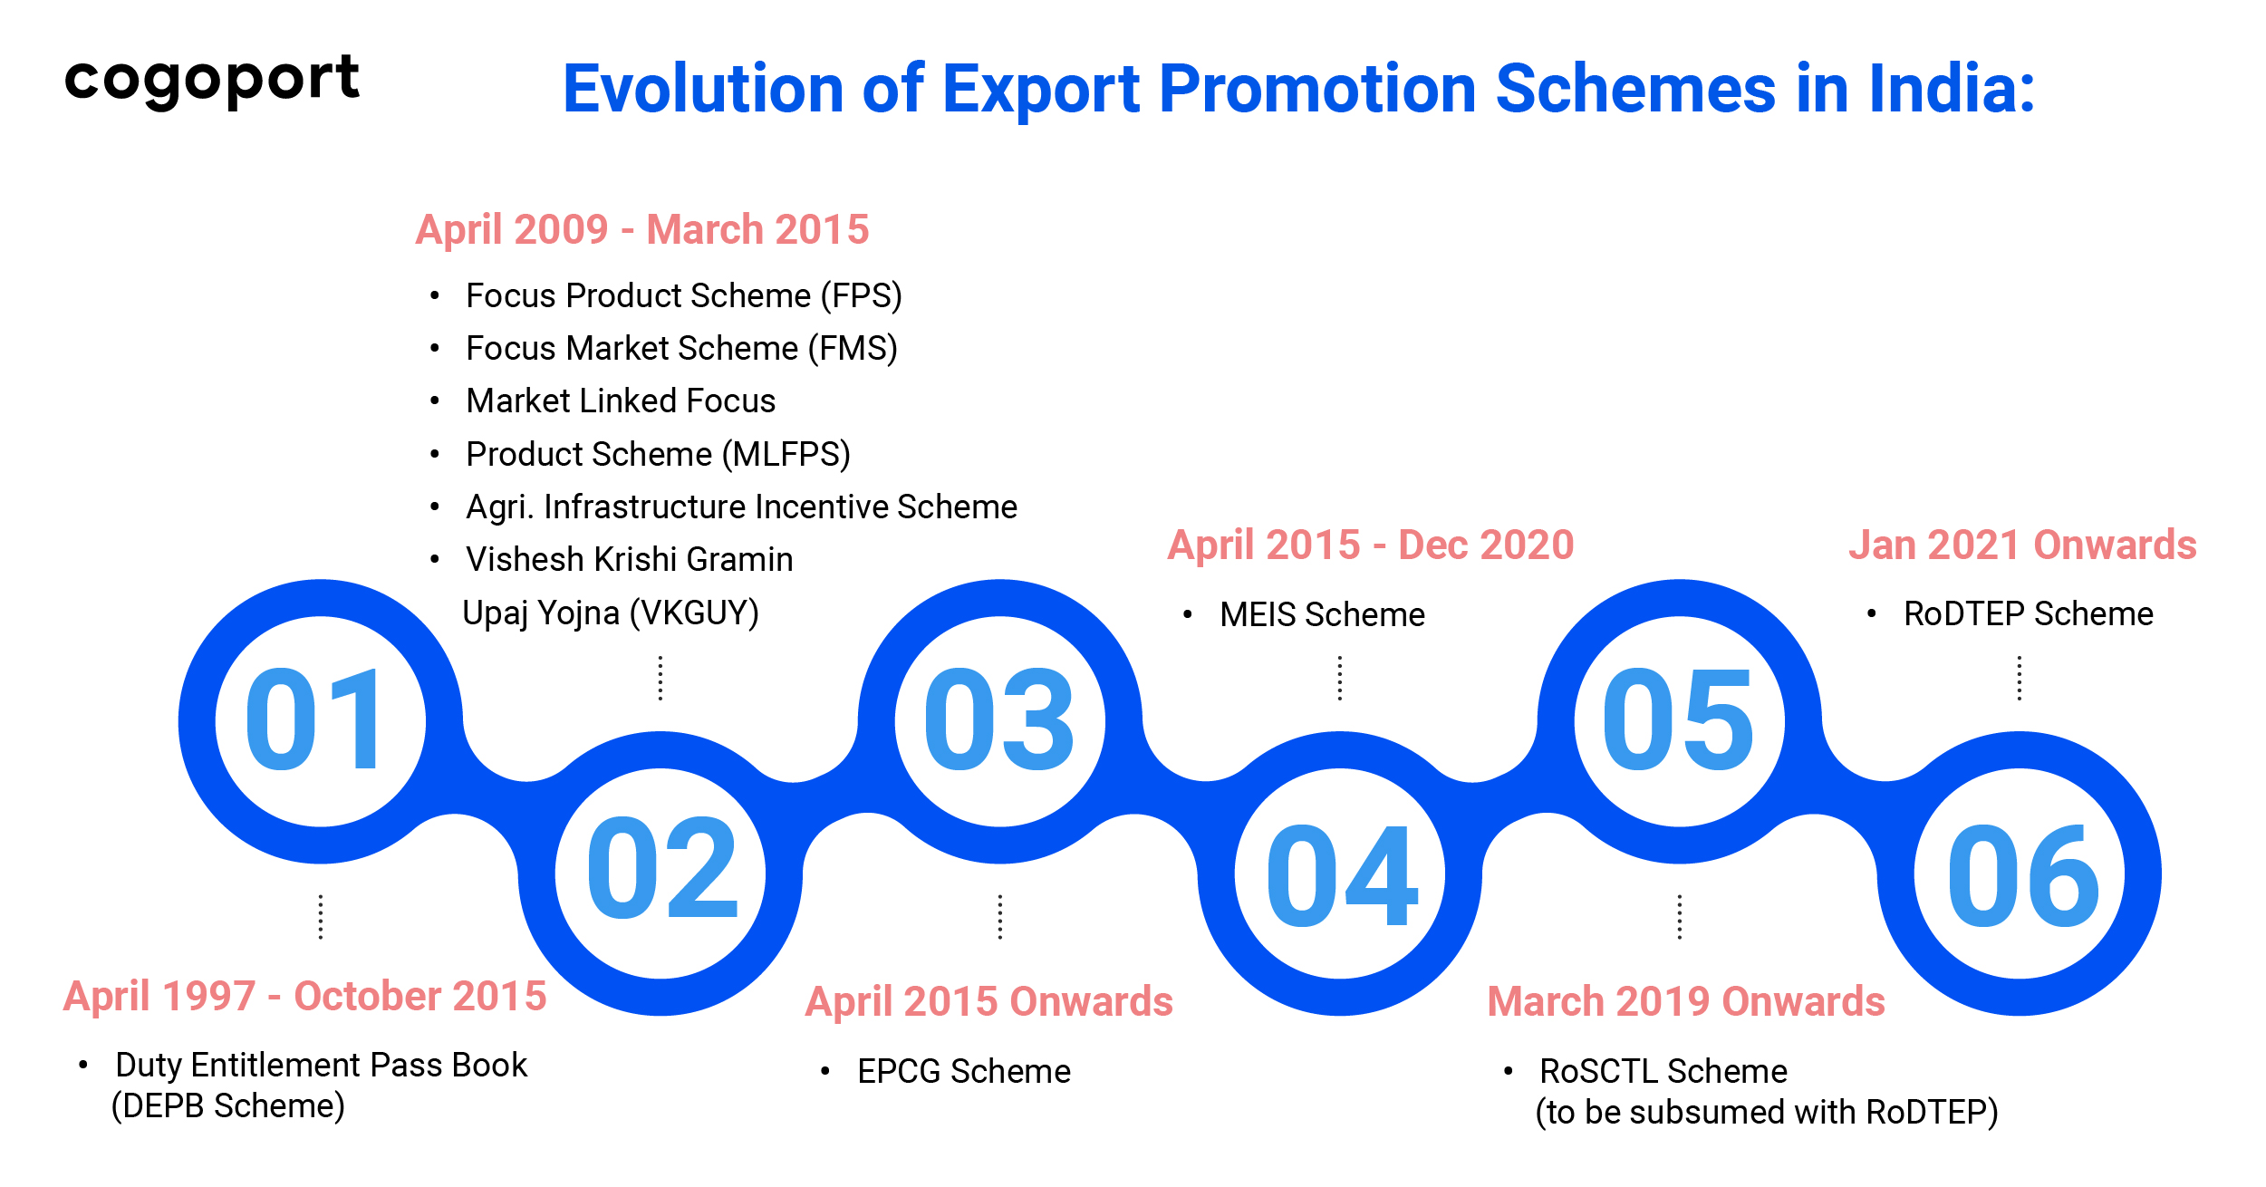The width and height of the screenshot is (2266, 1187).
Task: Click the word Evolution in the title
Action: pyautogui.click(x=703, y=90)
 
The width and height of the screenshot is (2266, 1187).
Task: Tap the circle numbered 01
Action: pyautogui.click(x=320, y=720)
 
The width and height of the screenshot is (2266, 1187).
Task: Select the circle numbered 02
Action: pyautogui.click(x=661, y=873)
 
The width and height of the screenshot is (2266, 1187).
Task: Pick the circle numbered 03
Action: pyautogui.click(x=999, y=720)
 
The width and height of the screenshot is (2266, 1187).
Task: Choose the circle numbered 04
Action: pyautogui.click(x=1340, y=873)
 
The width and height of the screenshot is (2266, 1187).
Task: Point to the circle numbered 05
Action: pyautogui.click(x=1679, y=720)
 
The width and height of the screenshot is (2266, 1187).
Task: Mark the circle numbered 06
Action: pyautogui.click(x=2020, y=873)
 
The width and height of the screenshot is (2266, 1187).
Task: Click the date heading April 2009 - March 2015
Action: pyautogui.click(x=642, y=229)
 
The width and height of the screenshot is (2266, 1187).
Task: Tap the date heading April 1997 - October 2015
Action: pyautogui.click(x=305, y=997)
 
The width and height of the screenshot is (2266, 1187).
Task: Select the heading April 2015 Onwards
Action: pyautogui.click(x=989, y=1001)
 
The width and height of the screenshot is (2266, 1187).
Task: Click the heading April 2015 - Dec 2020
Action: pyautogui.click(x=1371, y=545)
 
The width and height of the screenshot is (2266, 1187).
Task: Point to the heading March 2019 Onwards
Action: pyautogui.click(x=1686, y=1001)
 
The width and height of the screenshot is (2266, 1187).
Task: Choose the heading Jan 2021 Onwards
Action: pyautogui.click(x=2022, y=545)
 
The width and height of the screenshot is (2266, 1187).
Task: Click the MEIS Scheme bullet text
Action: pyautogui.click(x=1322, y=614)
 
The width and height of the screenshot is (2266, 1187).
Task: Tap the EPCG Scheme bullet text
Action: pyautogui.click(x=964, y=1071)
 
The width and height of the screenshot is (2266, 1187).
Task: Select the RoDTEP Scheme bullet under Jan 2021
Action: pyautogui.click(x=2028, y=613)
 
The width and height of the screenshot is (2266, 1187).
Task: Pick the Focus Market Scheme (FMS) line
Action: pyautogui.click(x=681, y=348)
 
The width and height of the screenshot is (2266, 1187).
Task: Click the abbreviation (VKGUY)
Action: pyautogui.click(x=695, y=613)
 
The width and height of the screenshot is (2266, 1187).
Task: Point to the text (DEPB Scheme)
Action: pyautogui.click(x=228, y=1106)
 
